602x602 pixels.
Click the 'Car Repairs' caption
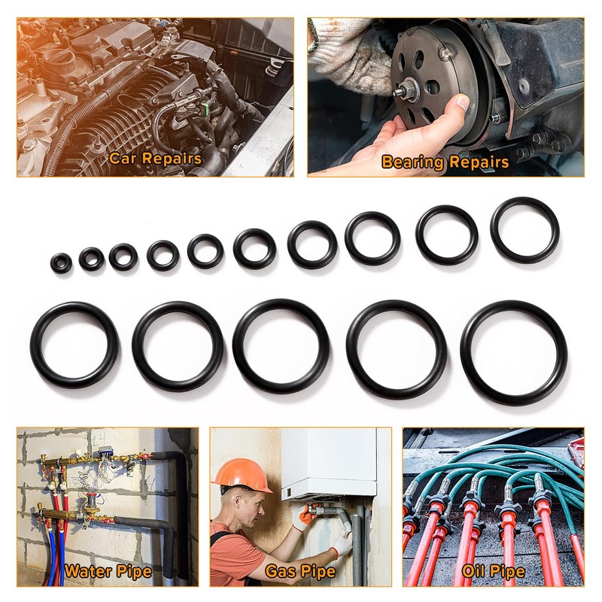(x=155, y=159)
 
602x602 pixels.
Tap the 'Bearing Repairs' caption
(x=445, y=162)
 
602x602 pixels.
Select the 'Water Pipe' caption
(x=108, y=571)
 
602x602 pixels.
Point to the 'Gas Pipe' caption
(x=300, y=572)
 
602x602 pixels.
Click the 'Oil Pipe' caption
(x=494, y=572)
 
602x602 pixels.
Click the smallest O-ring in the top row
(x=62, y=263)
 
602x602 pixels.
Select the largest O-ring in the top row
(x=524, y=230)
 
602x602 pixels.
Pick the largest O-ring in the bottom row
(x=513, y=353)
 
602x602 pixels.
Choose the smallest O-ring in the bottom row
(x=74, y=345)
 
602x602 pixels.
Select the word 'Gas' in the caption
(x=279, y=572)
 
